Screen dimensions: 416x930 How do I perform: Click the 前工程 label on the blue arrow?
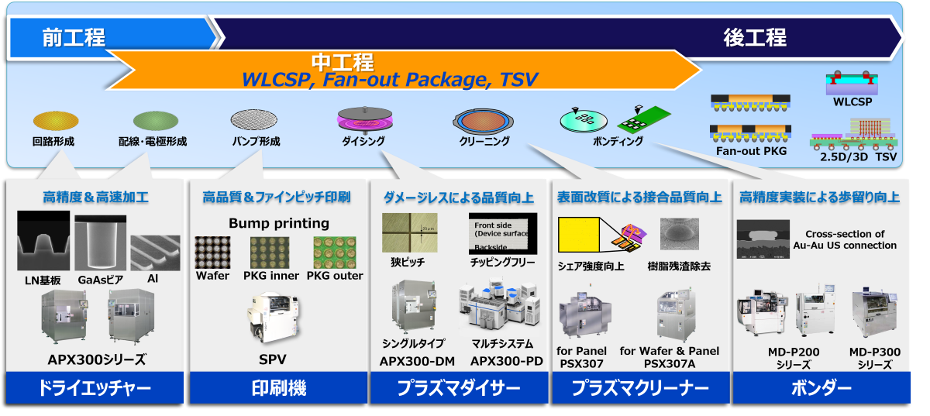74,36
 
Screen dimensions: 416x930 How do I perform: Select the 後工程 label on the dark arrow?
754,36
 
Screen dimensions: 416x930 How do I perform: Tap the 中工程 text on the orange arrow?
343,62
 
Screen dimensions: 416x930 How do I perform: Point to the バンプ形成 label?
256,142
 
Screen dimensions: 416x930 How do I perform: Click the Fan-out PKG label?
751,151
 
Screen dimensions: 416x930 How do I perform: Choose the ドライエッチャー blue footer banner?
95,388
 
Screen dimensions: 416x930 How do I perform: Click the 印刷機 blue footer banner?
279,388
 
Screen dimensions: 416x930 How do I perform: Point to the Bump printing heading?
279,223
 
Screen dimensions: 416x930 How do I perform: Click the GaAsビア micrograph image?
100,242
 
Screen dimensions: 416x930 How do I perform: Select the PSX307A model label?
670,363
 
